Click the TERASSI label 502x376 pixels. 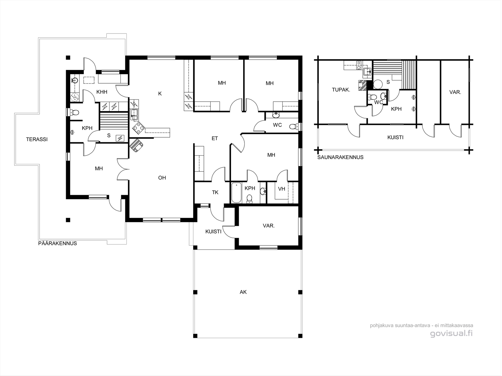(37, 139)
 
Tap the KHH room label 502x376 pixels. (102, 92)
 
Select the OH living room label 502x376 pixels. (162, 178)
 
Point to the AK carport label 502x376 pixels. (243, 292)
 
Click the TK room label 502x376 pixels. (215, 192)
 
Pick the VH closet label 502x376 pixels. (281, 189)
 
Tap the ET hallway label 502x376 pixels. (215, 138)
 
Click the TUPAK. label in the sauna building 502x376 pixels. (341, 90)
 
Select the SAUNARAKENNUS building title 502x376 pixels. (340, 157)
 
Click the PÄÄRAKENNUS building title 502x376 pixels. (57, 243)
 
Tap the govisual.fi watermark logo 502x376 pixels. (451, 333)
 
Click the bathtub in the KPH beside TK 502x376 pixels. (236, 193)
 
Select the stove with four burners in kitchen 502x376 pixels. (139, 128)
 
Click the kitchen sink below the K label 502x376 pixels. (134, 114)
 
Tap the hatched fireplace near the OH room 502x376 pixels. (136, 146)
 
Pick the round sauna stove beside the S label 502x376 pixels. (377, 84)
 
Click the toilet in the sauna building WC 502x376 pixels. (372, 97)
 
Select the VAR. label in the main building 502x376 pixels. (269, 226)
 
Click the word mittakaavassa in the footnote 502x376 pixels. (458, 325)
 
